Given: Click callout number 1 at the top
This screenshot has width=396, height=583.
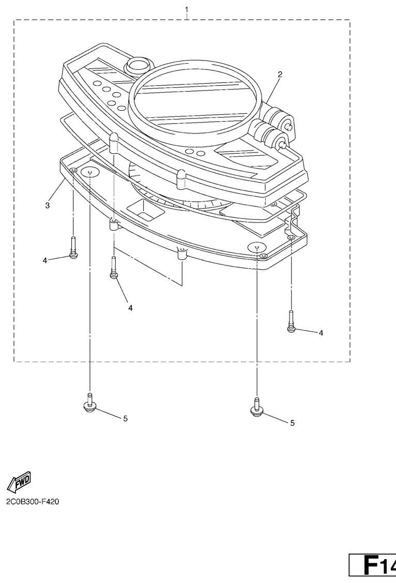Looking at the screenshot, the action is [187, 9].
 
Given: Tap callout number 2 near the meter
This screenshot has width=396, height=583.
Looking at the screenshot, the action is [280, 74].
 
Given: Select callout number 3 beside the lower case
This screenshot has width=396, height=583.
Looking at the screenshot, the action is [47, 205].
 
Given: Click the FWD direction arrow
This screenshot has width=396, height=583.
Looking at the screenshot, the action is [19, 482].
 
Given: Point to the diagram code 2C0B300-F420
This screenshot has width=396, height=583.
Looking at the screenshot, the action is [33, 502].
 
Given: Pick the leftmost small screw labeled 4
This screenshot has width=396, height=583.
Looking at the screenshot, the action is [73, 248].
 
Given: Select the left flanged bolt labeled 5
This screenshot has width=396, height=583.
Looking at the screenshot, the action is [89, 402].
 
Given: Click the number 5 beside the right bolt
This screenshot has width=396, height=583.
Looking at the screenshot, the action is [293, 423].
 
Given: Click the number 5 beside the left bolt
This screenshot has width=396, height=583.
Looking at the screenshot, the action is [125, 418].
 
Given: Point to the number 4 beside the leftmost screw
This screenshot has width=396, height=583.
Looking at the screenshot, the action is [45, 261].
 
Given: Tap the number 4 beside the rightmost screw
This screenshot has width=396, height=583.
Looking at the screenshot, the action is [321, 333].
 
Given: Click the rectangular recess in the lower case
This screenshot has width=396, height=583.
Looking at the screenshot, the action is [145, 210].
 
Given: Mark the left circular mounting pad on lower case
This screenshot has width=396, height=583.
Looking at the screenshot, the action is [90, 172].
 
